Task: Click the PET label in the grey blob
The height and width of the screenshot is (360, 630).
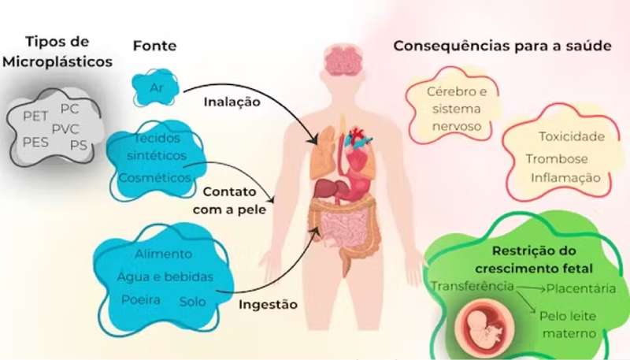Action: pyautogui.click(x=35, y=116)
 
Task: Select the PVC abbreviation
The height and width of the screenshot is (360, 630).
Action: pyautogui.click(x=65, y=129)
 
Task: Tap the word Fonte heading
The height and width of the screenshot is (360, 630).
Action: pyautogui.click(x=154, y=46)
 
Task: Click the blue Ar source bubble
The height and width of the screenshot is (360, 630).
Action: pyautogui.click(x=155, y=87)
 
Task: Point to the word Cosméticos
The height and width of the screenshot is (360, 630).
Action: pyautogui.click(x=154, y=177)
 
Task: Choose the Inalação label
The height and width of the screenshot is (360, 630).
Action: pyautogui.click(x=232, y=102)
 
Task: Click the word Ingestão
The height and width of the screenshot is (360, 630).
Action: pyautogui.click(x=268, y=305)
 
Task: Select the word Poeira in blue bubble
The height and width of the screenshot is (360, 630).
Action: pyautogui.click(x=141, y=299)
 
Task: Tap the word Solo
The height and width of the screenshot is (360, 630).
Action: pyautogui.click(x=192, y=302)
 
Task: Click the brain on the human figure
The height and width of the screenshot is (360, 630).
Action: pyautogui.click(x=343, y=61)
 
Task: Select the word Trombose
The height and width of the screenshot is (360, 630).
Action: pyautogui.click(x=557, y=159)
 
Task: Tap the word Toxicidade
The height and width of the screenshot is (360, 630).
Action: pyautogui.click(x=572, y=136)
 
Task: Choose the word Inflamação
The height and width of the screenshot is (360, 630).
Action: pyautogui.click(x=565, y=178)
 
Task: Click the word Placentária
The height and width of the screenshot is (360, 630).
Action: pyautogui.click(x=581, y=288)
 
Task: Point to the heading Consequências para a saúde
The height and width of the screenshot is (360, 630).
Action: pyautogui.click(x=502, y=46)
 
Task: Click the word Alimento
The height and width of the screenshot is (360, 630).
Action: pyautogui.click(x=163, y=254)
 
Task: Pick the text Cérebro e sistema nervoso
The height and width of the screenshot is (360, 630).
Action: pyautogui.click(x=457, y=109)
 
